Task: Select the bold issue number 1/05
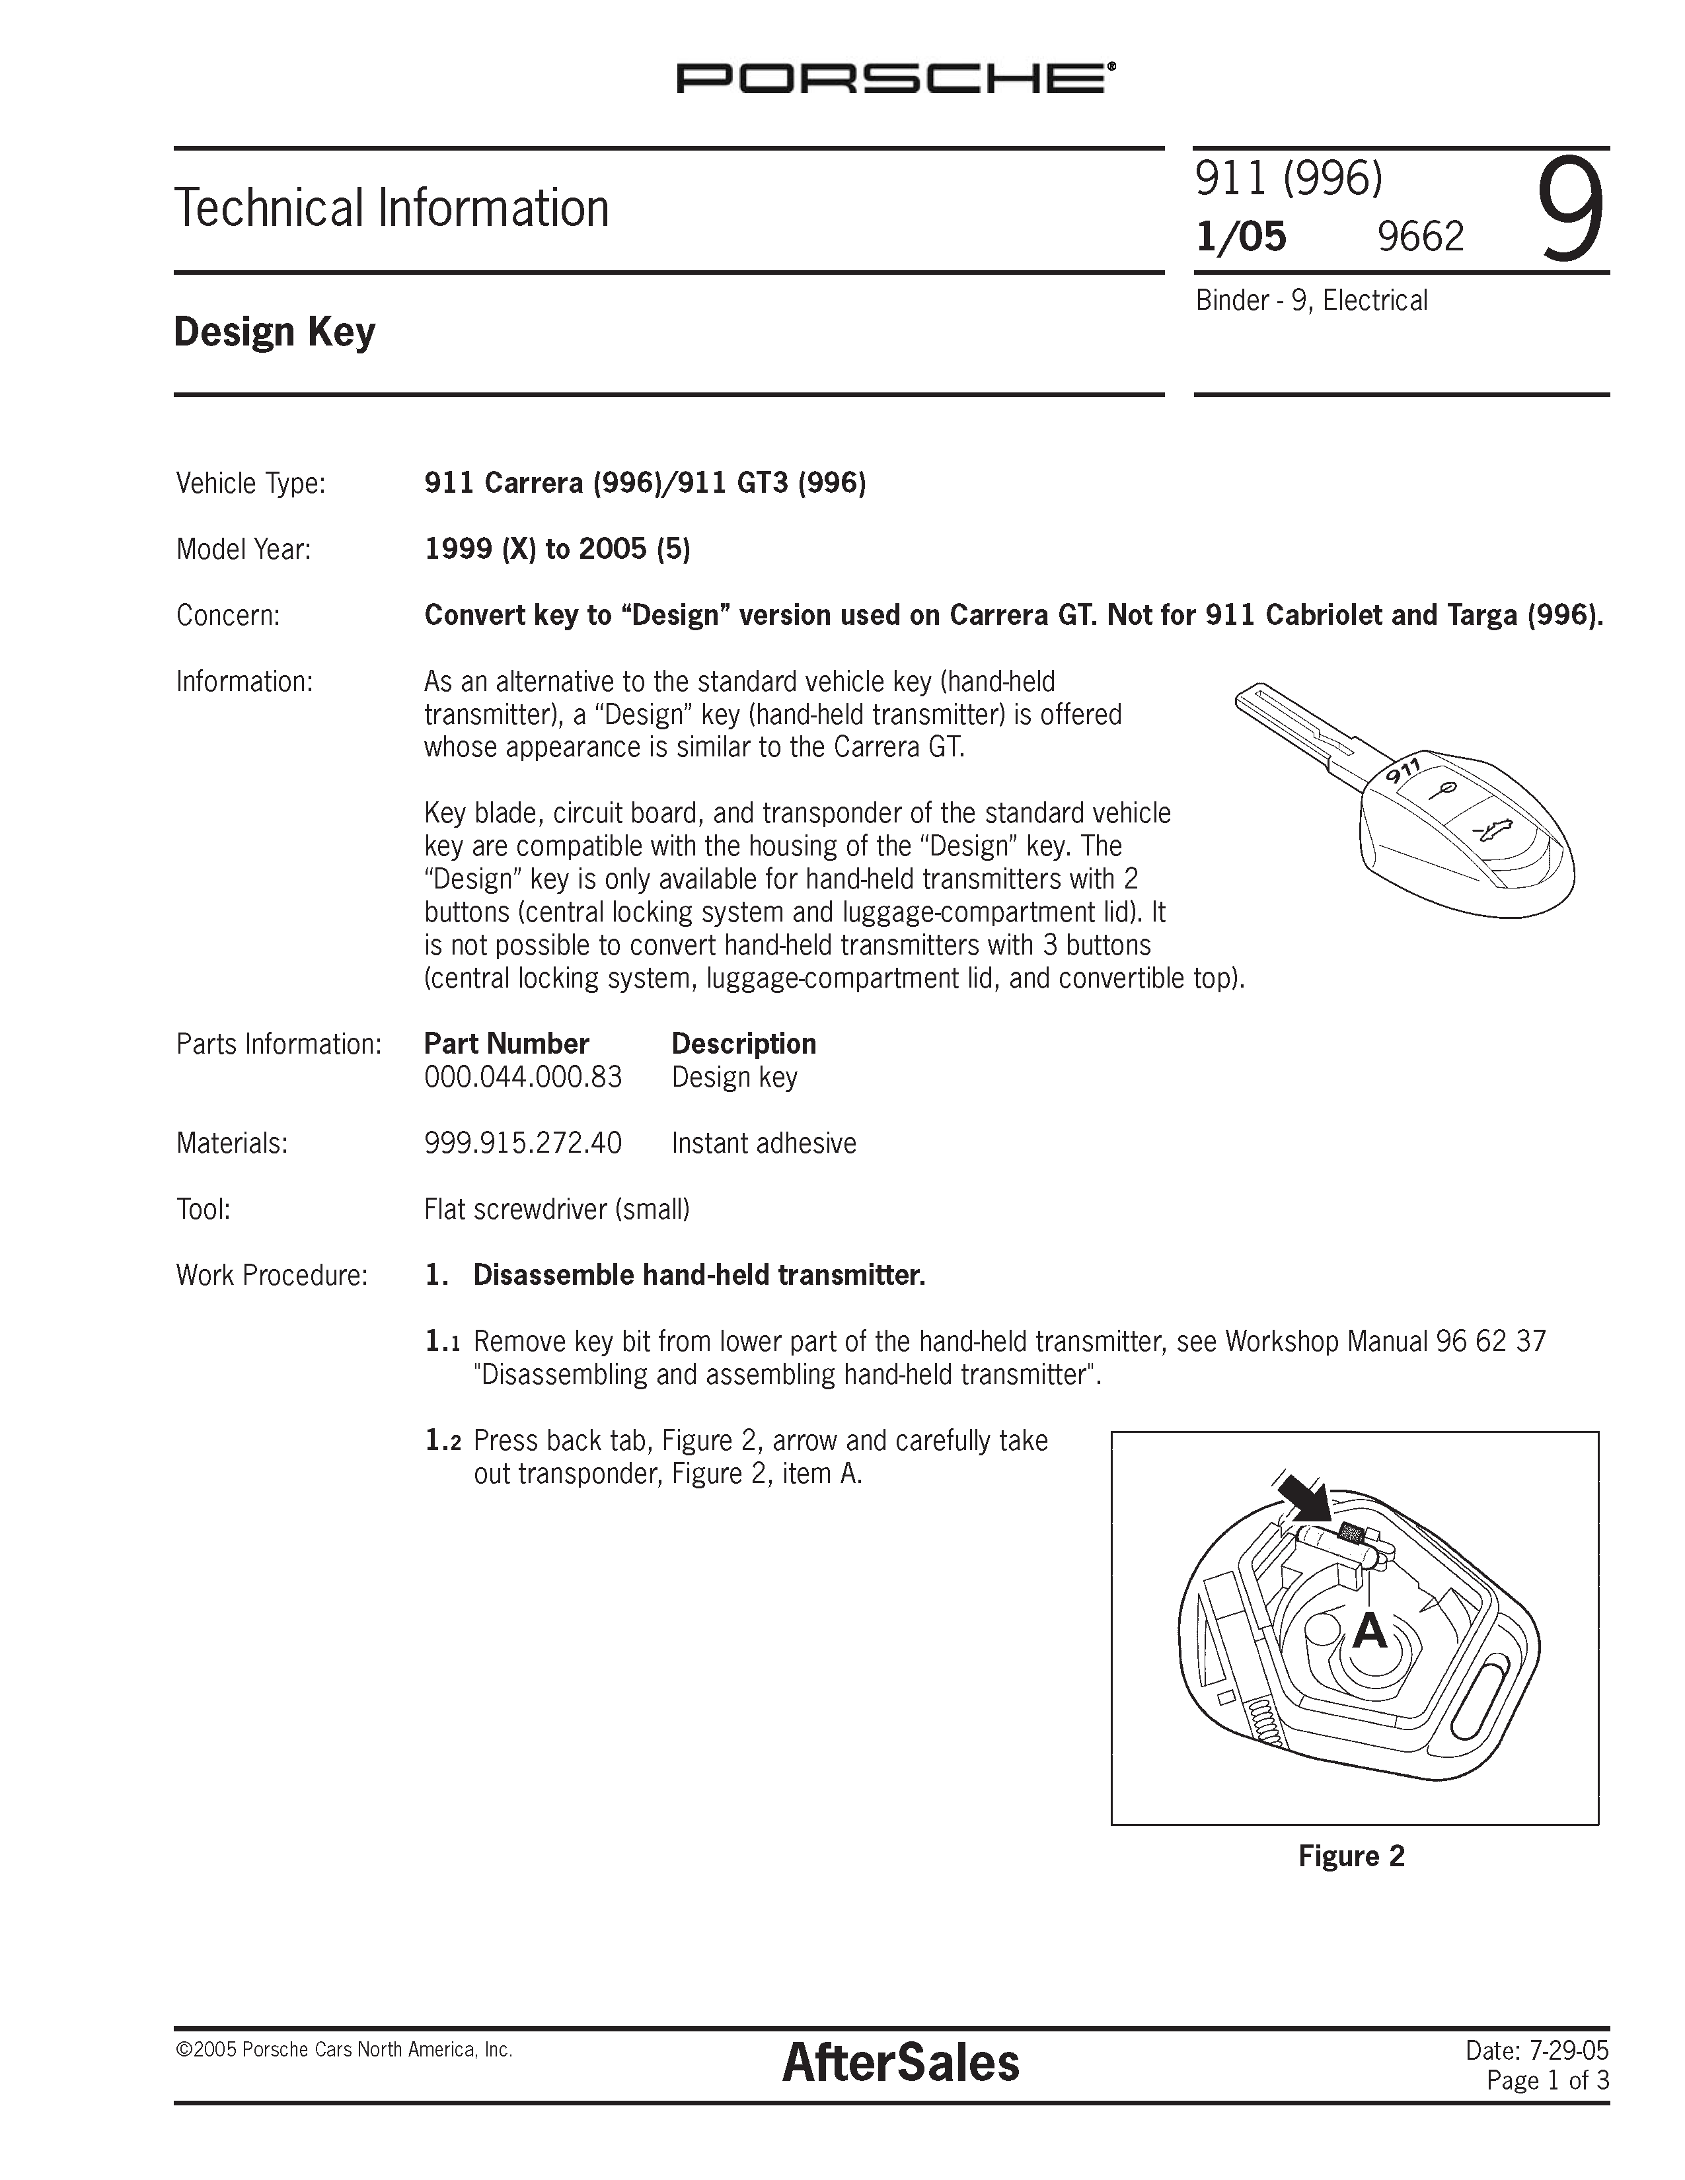(1241, 236)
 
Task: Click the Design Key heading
(274, 332)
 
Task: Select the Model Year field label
(244, 549)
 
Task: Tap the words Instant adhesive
(764, 1143)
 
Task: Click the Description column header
(743, 1044)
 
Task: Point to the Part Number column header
(506, 1044)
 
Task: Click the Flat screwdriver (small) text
(557, 1210)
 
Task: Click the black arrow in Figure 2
(1304, 1497)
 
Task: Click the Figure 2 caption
(1351, 1856)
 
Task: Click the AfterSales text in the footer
(901, 2063)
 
